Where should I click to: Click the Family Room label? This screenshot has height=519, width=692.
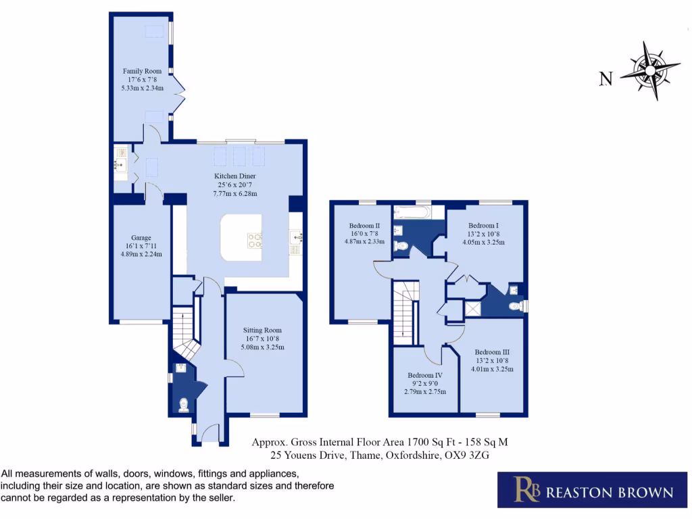click(142, 71)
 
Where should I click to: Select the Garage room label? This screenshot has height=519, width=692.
click(141, 238)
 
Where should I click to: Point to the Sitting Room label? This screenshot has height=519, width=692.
click(263, 330)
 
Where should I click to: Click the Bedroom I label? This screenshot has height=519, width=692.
click(483, 225)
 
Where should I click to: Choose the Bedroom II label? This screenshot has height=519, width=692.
click(364, 225)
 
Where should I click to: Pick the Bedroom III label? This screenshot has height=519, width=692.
click(492, 352)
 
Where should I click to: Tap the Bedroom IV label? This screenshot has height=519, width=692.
click(424, 375)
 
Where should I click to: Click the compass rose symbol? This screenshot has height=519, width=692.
click(649, 70)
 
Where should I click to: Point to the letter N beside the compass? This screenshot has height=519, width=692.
click(606, 80)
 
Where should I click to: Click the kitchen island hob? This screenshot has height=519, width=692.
click(256, 241)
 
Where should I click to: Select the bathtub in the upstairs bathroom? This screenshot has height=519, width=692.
click(413, 213)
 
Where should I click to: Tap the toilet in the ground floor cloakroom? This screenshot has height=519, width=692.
click(183, 404)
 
